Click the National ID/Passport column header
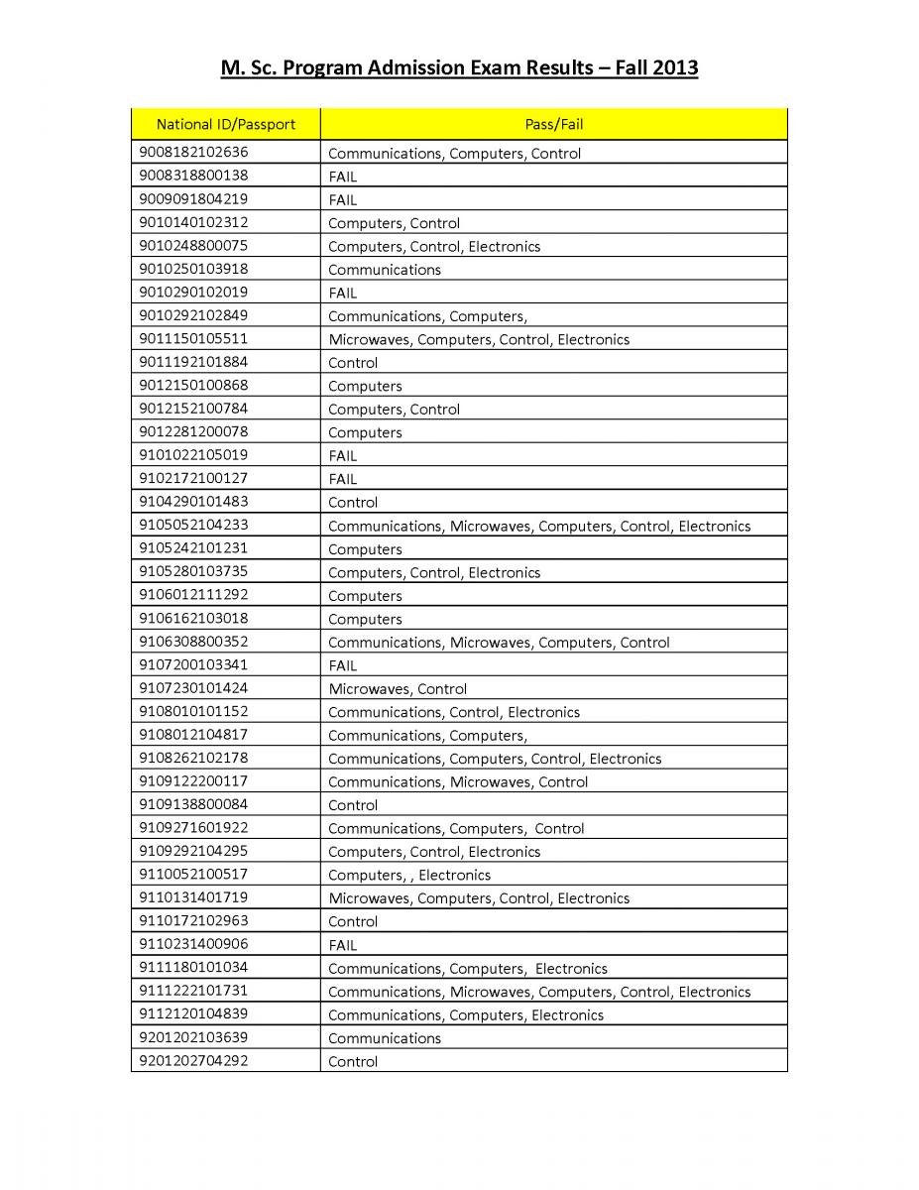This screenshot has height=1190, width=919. (225, 124)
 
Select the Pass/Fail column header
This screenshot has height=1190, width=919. (553, 124)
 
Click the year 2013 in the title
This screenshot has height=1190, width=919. (674, 68)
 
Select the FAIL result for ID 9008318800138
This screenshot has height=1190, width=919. (342, 177)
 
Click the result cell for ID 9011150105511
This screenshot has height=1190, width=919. (479, 339)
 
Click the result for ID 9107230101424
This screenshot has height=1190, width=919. (398, 688)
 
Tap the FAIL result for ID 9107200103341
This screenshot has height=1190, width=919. (342, 665)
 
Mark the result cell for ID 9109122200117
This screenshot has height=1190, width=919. (458, 781)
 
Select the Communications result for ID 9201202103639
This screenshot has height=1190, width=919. (385, 1038)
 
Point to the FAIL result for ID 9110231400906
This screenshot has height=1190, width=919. (342, 945)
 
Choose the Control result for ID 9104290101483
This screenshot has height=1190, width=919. (353, 502)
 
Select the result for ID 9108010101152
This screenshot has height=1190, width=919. (454, 712)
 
